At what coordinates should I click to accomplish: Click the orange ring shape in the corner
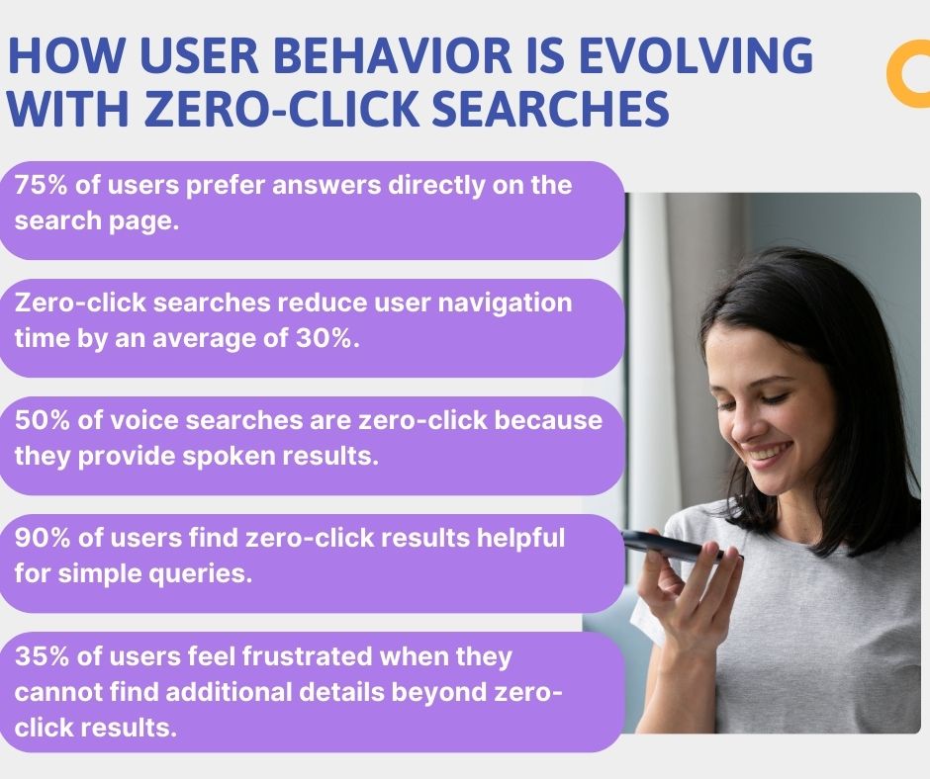909,77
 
